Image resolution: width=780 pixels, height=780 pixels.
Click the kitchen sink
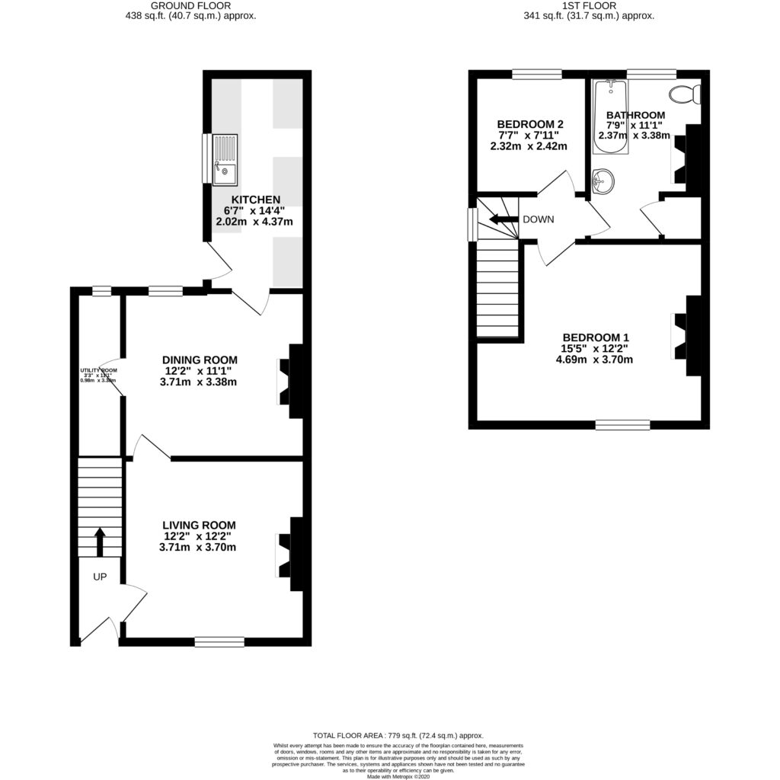pyautogui.click(x=226, y=160)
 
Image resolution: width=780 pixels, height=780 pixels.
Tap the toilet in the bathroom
pyautogui.click(x=682, y=95)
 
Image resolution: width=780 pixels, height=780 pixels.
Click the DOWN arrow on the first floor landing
pyautogui.click(x=503, y=220)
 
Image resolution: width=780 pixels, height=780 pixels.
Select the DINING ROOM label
pyautogui.click(x=200, y=360)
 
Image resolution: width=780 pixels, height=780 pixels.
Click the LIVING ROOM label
pyautogui.click(x=199, y=525)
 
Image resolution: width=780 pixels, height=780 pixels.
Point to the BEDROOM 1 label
pyautogui.click(x=595, y=337)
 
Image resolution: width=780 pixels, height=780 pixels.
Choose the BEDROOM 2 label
pyautogui.click(x=530, y=125)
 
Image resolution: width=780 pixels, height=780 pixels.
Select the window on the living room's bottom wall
pyautogui.click(x=219, y=642)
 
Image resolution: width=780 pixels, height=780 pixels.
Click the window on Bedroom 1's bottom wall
pyautogui.click(x=622, y=425)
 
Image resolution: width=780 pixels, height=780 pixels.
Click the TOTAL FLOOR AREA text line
pyautogui.click(x=390, y=735)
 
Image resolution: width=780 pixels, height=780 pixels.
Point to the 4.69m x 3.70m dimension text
pyautogui.click(x=595, y=360)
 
